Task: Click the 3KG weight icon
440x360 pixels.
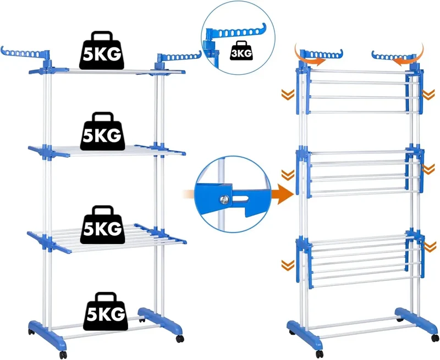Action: pyautogui.click(x=241, y=51)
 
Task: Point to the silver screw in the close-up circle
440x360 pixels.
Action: pyautogui.click(x=224, y=199)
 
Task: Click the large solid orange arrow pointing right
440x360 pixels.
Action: pyautogui.click(x=283, y=193)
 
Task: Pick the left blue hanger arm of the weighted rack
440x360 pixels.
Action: pyautogui.click(x=25, y=53)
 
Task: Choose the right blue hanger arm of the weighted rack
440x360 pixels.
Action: pyautogui.click(x=180, y=57)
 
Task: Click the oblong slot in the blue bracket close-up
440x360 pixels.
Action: pyautogui.click(x=241, y=199)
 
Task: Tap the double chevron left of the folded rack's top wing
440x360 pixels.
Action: pyautogui.click(x=288, y=95)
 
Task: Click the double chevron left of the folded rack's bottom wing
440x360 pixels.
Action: pyautogui.click(x=288, y=265)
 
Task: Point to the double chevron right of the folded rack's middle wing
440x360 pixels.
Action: pyautogui.click(x=428, y=169)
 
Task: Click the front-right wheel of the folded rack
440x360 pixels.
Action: pyautogui.click(x=435, y=339)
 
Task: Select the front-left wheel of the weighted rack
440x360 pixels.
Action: pyautogui.click(x=63, y=355)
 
